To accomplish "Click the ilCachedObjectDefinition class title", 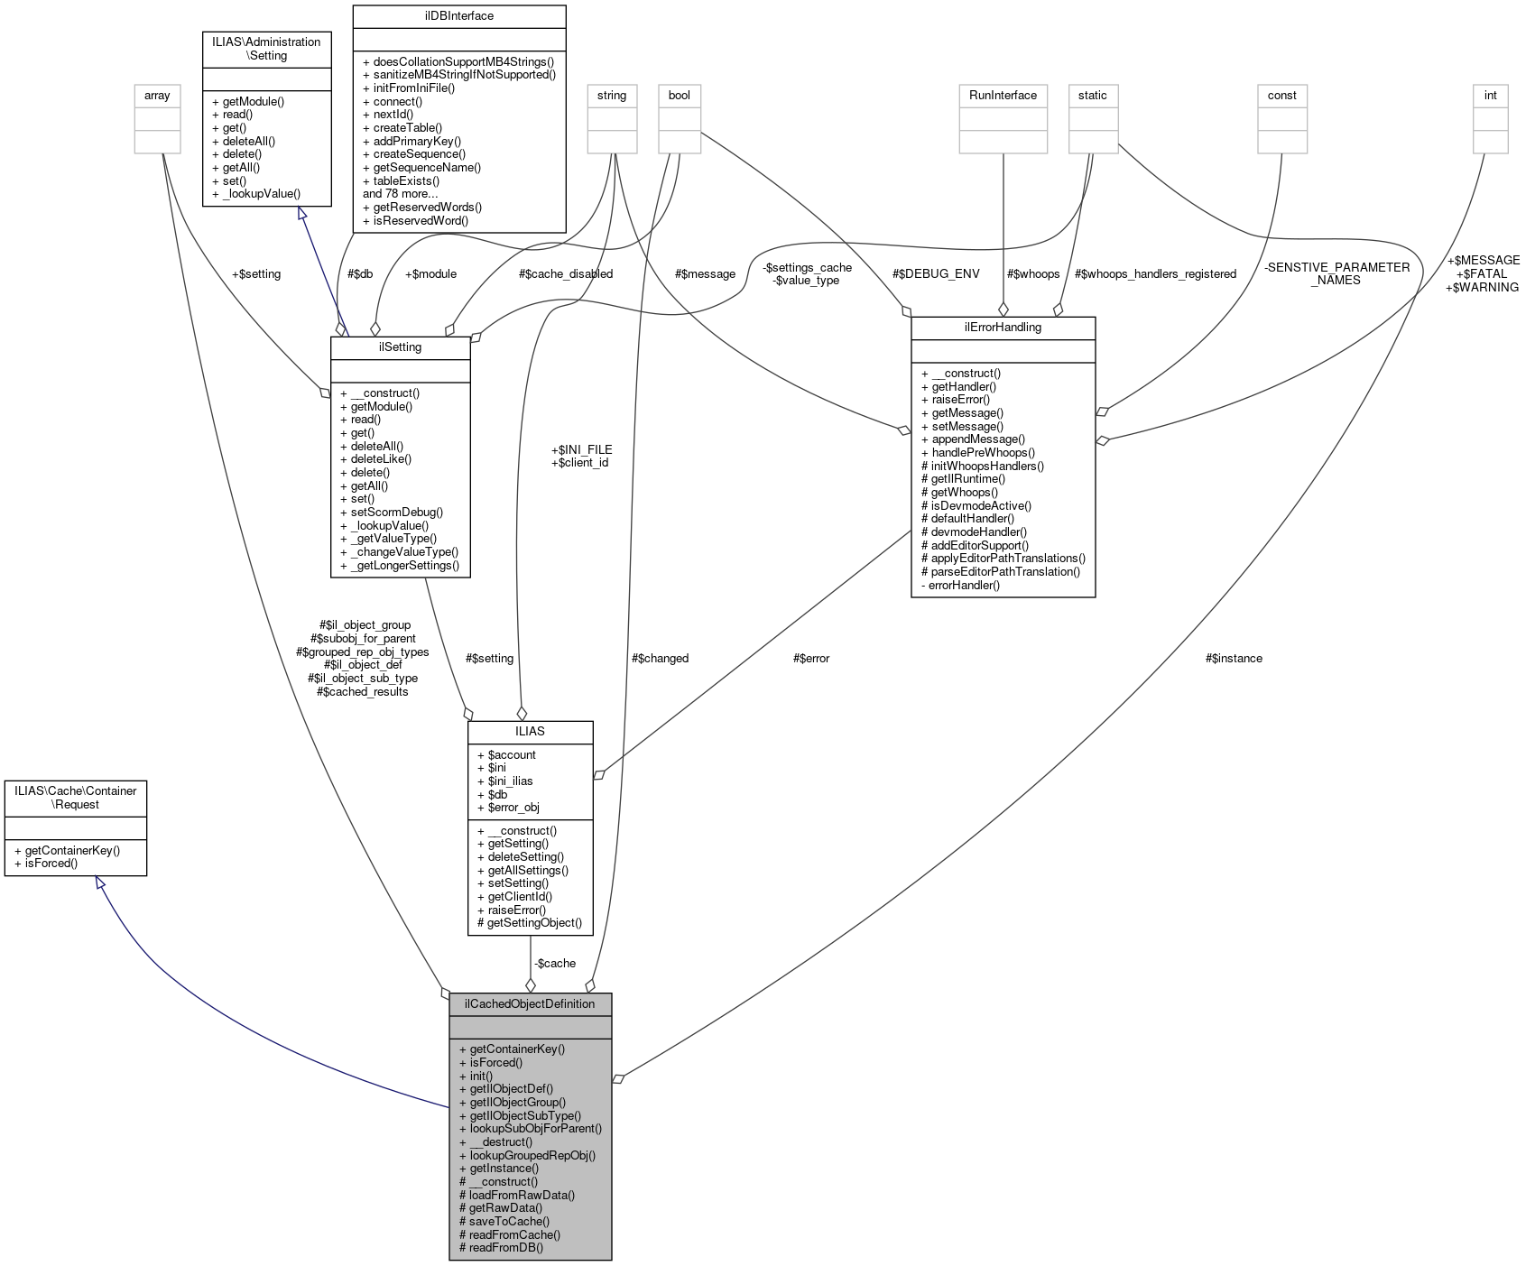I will click(530, 1003).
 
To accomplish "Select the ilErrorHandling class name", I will click(1003, 327).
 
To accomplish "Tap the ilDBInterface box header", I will click(458, 15).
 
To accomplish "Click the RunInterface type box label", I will click(1003, 95).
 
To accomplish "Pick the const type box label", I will click(1281, 95).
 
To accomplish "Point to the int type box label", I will click(1490, 95).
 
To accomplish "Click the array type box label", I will click(157, 95).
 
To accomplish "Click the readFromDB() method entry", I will click(501, 1247).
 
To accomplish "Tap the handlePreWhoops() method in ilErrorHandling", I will click(977, 452).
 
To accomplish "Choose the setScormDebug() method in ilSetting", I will click(392, 512).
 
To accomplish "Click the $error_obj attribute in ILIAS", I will click(507, 807).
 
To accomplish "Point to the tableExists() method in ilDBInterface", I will click(402, 180).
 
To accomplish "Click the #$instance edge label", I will click(1233, 658).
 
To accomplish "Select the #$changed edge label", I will click(660, 658).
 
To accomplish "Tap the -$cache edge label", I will click(554, 963).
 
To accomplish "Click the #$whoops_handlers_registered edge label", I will click(1155, 273).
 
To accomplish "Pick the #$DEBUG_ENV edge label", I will click(935, 273).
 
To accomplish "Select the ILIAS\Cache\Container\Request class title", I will click(76, 798).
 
